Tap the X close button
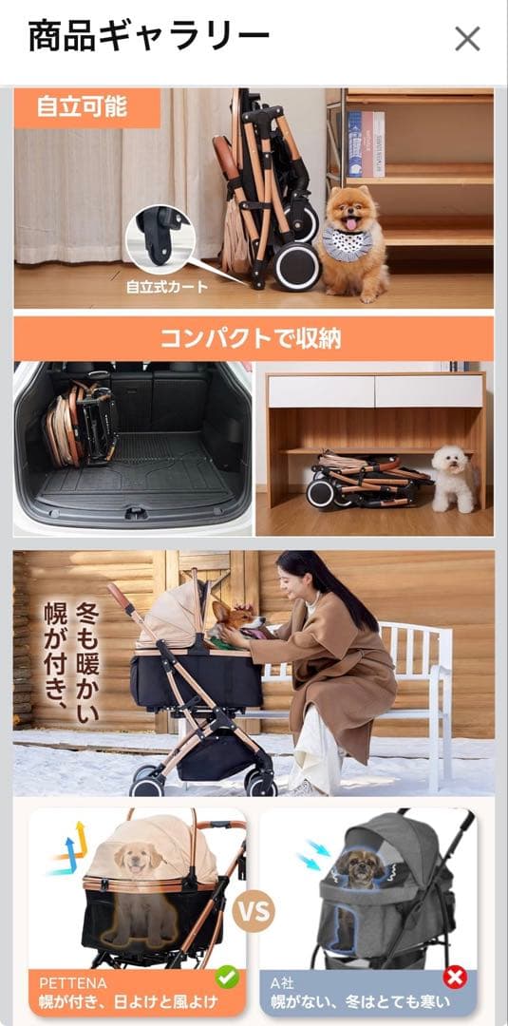pyautogui.click(x=467, y=38)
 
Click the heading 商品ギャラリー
pyautogui.click(x=149, y=37)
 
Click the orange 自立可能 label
pyautogui.click(x=83, y=106)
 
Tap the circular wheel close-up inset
pyautogui.click(x=160, y=235)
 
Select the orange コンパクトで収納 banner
pyautogui.click(x=253, y=337)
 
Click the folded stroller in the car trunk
pyautogui.click(x=82, y=425)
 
